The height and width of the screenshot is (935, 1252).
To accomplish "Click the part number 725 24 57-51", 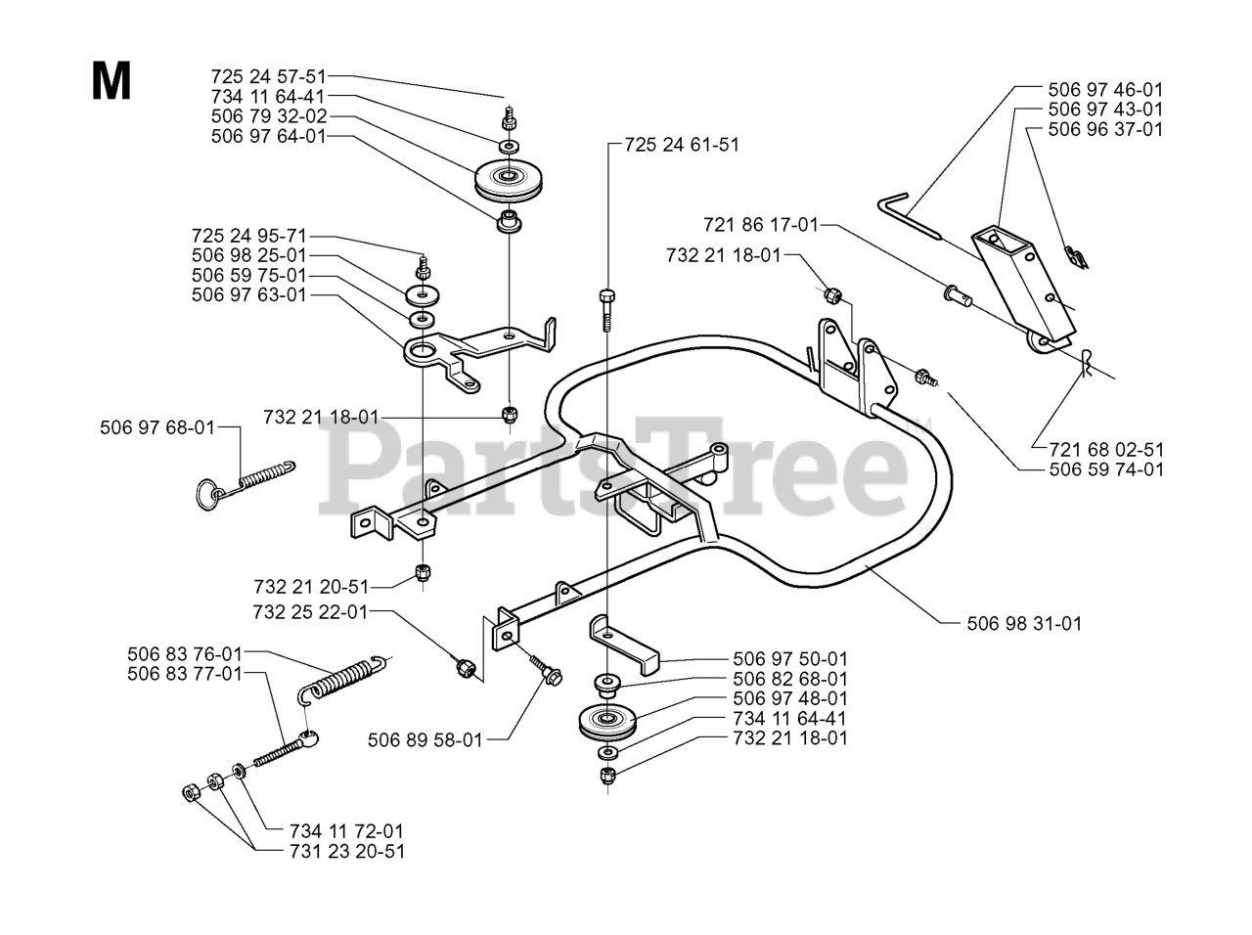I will (269, 76).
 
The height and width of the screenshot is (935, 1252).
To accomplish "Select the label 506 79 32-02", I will (269, 115).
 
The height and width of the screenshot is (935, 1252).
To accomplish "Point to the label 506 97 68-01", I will (157, 427).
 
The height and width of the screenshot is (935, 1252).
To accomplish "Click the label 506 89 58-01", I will (425, 740).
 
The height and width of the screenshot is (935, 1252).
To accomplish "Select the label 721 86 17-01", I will (760, 225).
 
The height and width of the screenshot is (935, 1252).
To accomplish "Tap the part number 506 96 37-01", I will (1105, 129).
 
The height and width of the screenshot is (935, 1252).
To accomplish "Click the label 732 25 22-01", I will (310, 611).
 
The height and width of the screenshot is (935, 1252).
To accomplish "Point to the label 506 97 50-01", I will (790, 659).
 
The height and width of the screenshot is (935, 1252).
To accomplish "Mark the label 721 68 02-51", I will (1106, 450).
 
